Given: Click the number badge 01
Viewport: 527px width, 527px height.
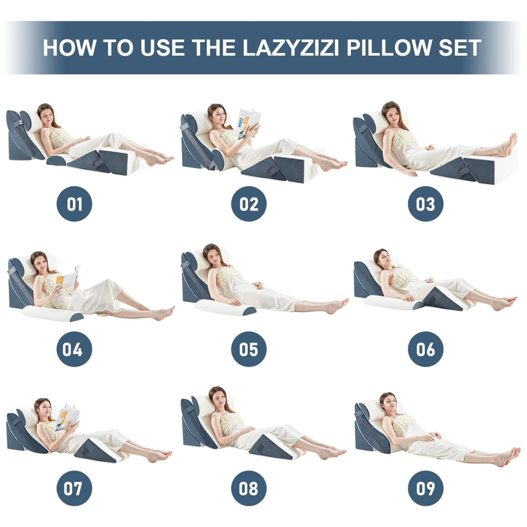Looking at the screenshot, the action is pyautogui.click(x=74, y=203).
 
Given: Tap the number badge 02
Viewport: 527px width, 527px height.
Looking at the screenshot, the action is pyautogui.click(x=249, y=203).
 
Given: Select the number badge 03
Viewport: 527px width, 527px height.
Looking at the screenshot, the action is pyautogui.click(x=425, y=203).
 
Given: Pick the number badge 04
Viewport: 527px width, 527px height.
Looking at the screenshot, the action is pyautogui.click(x=74, y=349).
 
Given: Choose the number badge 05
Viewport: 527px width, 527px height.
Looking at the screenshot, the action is pyautogui.click(x=249, y=349).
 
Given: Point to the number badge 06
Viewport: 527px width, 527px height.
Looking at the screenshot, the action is pyautogui.click(x=425, y=349).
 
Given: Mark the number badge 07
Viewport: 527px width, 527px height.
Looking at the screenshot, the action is pyautogui.click(x=74, y=488).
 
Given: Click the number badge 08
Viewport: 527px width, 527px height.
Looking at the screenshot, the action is pyautogui.click(x=249, y=488).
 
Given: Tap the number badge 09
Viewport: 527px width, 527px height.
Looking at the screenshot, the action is pyautogui.click(x=425, y=488).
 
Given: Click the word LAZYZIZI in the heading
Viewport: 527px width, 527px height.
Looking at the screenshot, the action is pyautogui.click(x=291, y=48).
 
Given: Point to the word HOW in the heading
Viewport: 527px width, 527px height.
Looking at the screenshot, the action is pyautogui.click(x=70, y=48).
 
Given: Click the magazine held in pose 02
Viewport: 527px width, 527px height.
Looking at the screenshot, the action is pyautogui.click(x=248, y=123).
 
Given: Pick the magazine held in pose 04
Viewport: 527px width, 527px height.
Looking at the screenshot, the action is pyautogui.click(x=67, y=280).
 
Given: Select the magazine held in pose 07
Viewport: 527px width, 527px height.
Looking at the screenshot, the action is pyautogui.click(x=67, y=418).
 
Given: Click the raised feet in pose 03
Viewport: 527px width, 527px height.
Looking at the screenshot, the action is pyautogui.click(x=507, y=145).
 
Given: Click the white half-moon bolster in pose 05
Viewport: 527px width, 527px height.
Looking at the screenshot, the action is pyautogui.click(x=225, y=307).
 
